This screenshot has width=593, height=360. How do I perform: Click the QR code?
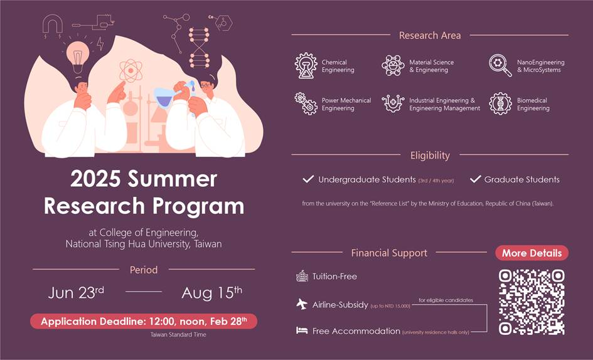point(532,302)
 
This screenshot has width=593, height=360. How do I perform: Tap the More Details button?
point(532,253)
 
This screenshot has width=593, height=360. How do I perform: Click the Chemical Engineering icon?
point(306,66)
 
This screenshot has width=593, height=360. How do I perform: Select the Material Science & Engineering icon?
point(393,66)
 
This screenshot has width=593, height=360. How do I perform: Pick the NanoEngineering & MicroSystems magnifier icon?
point(500,65)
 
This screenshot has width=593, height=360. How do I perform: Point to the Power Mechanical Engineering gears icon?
point(306,103)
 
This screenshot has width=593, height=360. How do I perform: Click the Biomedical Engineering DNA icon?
point(500,103)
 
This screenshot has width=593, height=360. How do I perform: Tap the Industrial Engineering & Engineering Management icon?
point(393,103)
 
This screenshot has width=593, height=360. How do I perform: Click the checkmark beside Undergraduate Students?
point(308,179)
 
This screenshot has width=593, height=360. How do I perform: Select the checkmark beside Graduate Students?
point(475,179)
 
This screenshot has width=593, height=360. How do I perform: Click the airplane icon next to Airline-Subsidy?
point(302,304)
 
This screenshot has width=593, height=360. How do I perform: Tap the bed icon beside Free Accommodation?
point(302,331)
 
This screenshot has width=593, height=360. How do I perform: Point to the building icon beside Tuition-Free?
point(302,276)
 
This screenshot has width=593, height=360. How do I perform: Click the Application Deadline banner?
point(144,322)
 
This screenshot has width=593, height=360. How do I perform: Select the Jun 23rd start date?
point(77,293)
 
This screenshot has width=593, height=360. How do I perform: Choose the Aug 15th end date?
point(211,293)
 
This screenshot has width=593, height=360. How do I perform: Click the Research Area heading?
point(430,35)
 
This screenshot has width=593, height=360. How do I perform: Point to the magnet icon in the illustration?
point(53,24)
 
